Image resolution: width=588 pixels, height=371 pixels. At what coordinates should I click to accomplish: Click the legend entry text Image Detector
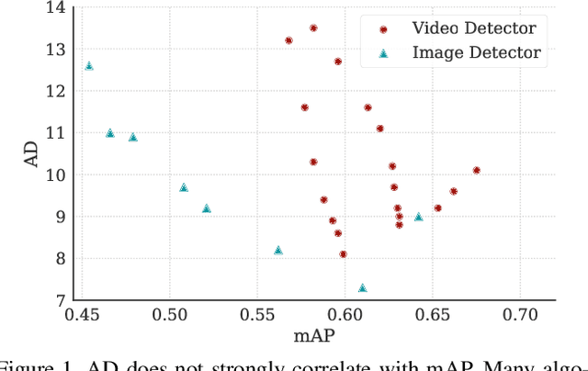[x=476, y=53]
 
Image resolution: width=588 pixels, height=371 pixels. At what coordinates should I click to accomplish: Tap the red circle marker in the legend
[x=384, y=29]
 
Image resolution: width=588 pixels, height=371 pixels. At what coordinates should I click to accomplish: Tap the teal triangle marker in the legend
[x=384, y=53]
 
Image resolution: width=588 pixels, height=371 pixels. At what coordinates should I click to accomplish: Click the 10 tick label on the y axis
[x=56, y=174]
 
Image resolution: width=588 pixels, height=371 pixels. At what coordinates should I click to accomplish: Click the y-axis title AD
[x=30, y=153]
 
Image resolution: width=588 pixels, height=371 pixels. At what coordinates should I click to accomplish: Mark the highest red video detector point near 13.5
[x=313, y=28]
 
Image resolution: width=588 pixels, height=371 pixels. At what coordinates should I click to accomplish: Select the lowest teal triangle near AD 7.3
[x=362, y=287]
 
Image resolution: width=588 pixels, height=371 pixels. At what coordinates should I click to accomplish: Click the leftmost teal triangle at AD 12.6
[x=89, y=66]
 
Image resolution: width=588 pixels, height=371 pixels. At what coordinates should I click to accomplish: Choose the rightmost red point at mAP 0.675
[x=476, y=170]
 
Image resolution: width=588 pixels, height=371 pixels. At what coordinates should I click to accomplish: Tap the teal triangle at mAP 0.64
[x=418, y=217]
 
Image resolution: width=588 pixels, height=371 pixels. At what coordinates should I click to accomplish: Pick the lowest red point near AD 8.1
[x=343, y=254]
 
